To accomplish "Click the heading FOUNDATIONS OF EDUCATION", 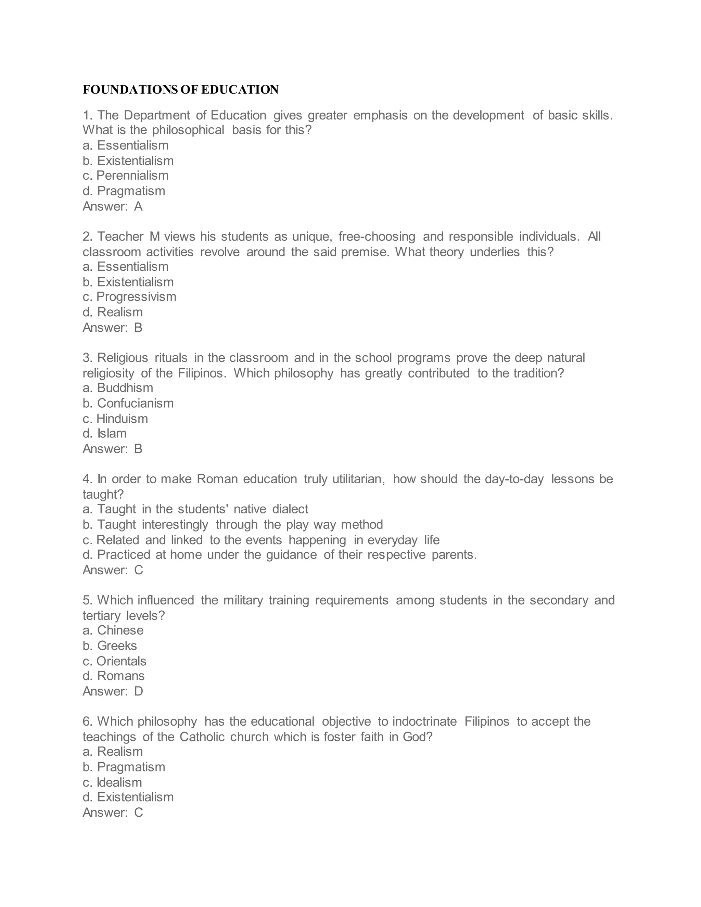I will coord(180,90).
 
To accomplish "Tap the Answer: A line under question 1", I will coord(112,206).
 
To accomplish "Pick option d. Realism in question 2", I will coord(112,312).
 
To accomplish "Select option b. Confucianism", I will coord(128,403).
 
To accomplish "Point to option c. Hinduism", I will coord(115,419).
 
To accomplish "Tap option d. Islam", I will coord(104,434).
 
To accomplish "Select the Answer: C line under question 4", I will coord(113,570).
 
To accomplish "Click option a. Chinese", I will coord(113,630).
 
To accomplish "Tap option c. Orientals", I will coord(114,661).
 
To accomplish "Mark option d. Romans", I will coord(113,676).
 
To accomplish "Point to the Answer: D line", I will coord(113,691).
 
